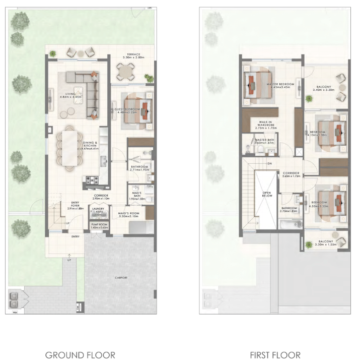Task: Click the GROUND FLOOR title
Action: (x=80, y=355)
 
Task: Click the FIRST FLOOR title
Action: (x=275, y=355)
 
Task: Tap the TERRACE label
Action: (x=133, y=54)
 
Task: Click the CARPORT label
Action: (x=121, y=278)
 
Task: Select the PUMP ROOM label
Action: (x=99, y=225)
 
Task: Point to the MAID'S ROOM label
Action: (x=128, y=213)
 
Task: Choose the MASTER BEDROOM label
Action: (x=280, y=84)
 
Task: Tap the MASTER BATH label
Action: (x=264, y=140)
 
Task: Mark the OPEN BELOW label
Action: (x=267, y=194)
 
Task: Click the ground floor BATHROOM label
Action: (x=139, y=166)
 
